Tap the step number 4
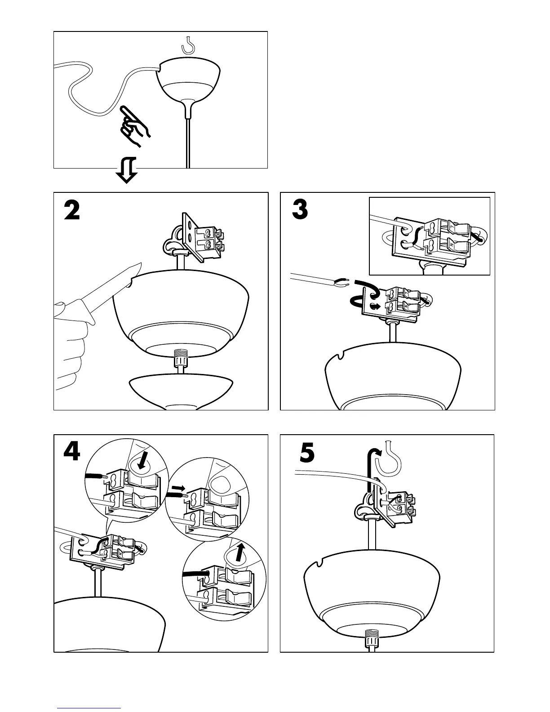coord(72,453)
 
